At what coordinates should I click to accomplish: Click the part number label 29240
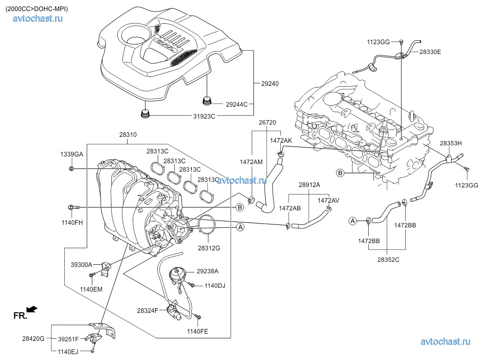(270, 84)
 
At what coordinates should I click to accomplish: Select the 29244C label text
(236, 104)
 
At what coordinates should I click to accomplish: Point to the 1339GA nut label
(72, 154)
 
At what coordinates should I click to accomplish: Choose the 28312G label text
(208, 248)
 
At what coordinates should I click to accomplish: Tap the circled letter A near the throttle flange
(240, 227)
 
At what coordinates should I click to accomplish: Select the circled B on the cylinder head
(340, 173)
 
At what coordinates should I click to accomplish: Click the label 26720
(267, 122)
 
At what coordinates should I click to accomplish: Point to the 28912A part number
(309, 185)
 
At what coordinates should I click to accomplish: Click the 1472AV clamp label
(328, 200)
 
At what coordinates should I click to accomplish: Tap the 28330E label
(430, 52)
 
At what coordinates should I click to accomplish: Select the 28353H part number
(450, 143)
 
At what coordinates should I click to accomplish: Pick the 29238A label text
(208, 271)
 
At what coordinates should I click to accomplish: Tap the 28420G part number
(33, 339)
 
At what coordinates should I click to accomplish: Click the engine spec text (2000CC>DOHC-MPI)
(37, 9)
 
